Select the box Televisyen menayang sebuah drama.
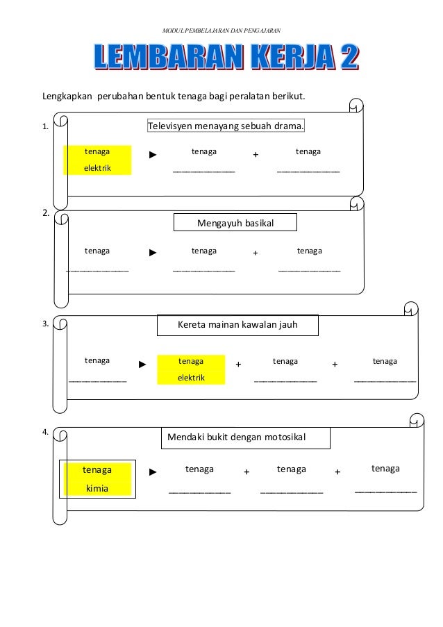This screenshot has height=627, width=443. (x=226, y=126)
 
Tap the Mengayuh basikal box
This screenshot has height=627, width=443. (x=236, y=223)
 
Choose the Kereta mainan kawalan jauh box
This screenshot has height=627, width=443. (x=237, y=324)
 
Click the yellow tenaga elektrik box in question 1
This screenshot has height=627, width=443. (x=97, y=160)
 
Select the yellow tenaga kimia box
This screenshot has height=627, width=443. (x=97, y=479)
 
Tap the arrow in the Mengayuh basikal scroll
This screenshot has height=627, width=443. (x=153, y=253)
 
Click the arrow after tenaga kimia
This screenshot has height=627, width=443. (x=153, y=472)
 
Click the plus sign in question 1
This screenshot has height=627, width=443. (x=256, y=156)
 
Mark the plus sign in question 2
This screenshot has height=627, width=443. (x=255, y=254)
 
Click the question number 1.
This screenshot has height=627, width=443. (x=45, y=127)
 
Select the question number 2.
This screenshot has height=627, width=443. (x=46, y=213)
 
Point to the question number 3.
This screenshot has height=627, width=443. (x=45, y=324)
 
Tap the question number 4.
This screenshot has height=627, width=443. (x=45, y=432)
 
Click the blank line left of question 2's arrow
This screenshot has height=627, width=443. (x=97, y=270)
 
